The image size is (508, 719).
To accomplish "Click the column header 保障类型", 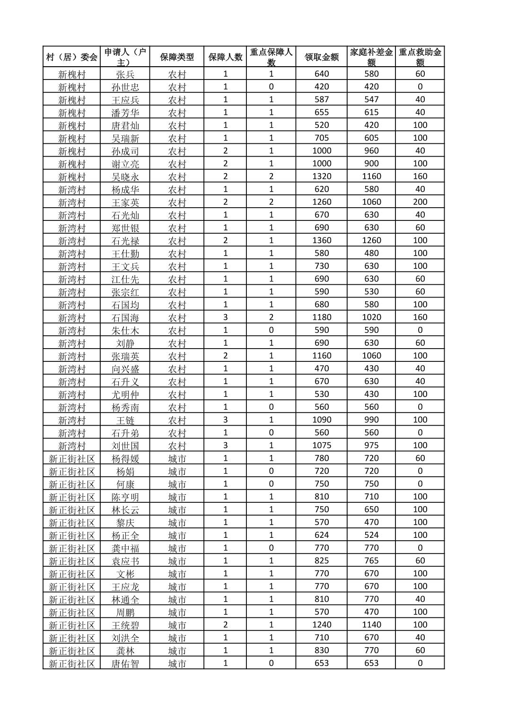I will pos(177,57).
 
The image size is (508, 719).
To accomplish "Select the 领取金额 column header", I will pos(321,57).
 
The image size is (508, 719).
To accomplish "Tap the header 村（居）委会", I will pos(71,57).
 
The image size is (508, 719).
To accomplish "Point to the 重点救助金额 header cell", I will pos(420,57).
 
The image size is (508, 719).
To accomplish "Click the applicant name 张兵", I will pos(125,74).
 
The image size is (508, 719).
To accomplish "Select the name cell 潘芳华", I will pos(125,113).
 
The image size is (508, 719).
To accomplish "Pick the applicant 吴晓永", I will pos(125,176).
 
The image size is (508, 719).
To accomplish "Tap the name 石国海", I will pos(125,317).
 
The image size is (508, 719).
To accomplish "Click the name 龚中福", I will pos(125,548).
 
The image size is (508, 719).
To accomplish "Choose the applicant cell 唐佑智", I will pos(125,663).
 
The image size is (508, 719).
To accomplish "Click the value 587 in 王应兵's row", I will pos(321,99).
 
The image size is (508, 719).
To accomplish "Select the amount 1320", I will pos(321,176).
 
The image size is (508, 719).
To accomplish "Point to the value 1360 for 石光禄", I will pos(321,240).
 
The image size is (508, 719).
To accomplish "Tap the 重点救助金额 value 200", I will pos(420,202).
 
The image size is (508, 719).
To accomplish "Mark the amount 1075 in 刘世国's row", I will pos(321,445).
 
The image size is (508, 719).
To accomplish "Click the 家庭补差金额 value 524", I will pos(371,535).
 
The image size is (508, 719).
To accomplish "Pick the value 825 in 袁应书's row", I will pos(321,561).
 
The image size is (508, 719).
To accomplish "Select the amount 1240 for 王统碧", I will pos(321,624).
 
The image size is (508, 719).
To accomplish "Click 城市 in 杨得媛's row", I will pos(177,458).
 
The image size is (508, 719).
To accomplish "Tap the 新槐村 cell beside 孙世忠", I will pos(71,87).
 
